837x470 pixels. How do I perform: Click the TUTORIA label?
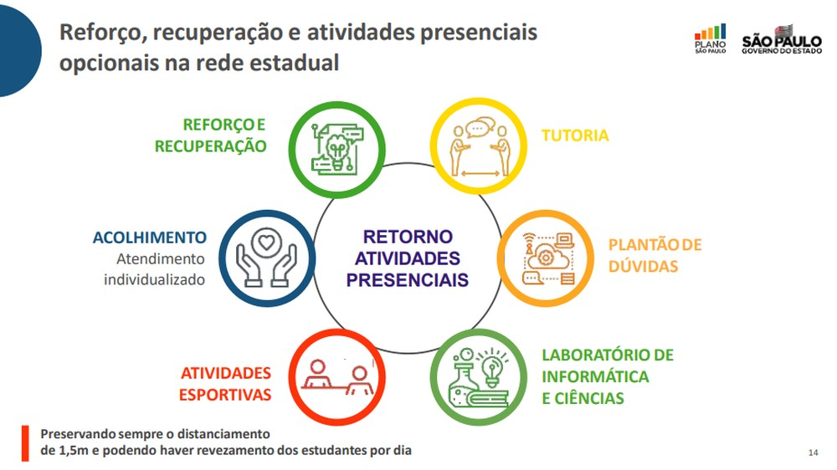coord(575,135)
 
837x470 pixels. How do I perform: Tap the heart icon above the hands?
coord(266,243)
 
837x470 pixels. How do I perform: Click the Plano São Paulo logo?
coord(711,38)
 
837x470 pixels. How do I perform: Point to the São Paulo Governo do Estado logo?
coord(782,39)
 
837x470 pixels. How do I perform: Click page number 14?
coord(813,452)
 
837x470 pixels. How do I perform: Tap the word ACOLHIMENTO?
coord(150,238)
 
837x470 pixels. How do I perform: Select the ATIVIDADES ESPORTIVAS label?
coord(225,384)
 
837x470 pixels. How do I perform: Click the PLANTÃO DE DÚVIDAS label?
coord(655,255)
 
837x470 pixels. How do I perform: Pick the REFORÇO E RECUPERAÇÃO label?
coord(210,135)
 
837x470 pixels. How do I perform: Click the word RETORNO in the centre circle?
coord(408,237)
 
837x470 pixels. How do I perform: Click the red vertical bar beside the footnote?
coord(25,442)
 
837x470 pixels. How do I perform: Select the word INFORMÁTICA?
coord(595,376)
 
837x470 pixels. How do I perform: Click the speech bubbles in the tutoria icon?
coord(480,127)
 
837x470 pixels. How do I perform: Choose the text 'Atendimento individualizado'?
coord(155,269)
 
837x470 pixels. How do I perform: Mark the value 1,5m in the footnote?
coord(72,450)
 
